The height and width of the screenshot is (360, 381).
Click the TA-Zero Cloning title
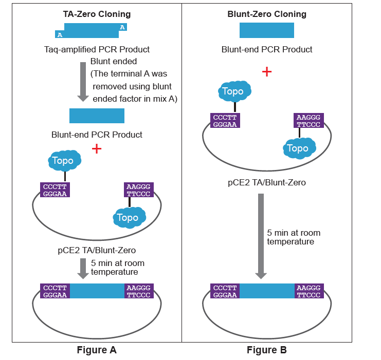pyautogui.click(x=97, y=14)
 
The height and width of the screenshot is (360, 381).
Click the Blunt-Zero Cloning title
pyautogui.click(x=267, y=14)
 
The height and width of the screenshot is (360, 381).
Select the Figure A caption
pyautogui.click(x=97, y=350)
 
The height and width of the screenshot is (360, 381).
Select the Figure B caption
pyautogui.click(x=266, y=350)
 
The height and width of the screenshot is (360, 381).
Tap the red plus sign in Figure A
pyautogui.click(x=96, y=149)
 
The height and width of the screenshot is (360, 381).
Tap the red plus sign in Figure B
pyautogui.click(x=266, y=71)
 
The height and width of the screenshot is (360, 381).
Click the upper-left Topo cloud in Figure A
pyautogui.click(x=64, y=161)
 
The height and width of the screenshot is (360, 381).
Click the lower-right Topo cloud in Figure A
pyautogui.click(x=129, y=218)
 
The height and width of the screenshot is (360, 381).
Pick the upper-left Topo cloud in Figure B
pyautogui.click(x=234, y=91)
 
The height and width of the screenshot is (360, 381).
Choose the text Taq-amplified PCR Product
pyautogui.click(x=97, y=50)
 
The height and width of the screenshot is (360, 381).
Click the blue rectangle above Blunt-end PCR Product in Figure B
pyautogui.click(x=267, y=30)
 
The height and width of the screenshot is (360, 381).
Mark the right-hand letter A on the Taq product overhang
pyautogui.click(x=122, y=27)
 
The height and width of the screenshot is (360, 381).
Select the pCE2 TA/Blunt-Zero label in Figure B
pyautogui.click(x=267, y=182)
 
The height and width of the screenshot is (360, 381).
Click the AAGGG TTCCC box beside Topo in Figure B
pyautogui.click(x=309, y=121)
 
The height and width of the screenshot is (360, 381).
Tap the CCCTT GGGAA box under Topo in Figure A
pyautogui.click(x=55, y=190)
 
